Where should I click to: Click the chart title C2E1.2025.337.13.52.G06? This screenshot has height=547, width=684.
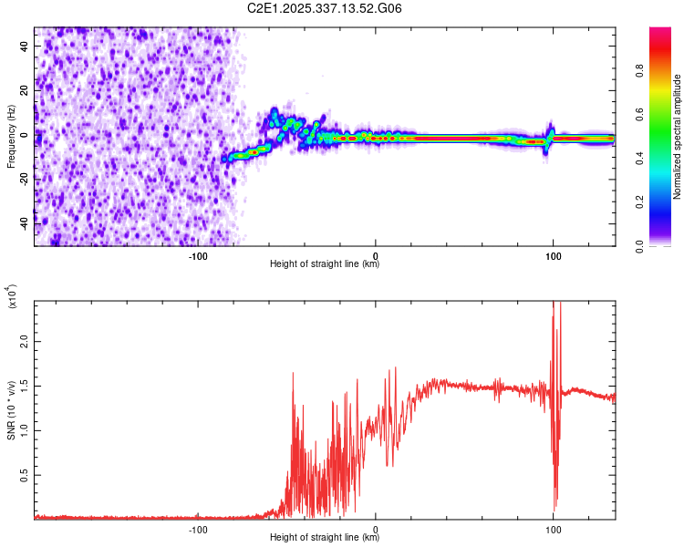click(x=325, y=8)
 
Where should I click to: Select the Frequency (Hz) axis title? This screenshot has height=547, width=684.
click(x=11, y=137)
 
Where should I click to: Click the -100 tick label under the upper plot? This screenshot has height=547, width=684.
click(x=199, y=256)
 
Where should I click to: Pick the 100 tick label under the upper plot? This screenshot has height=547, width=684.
click(x=553, y=256)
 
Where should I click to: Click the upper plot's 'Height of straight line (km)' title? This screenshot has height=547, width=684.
click(x=325, y=264)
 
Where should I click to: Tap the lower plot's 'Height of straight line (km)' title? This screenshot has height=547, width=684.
click(x=325, y=538)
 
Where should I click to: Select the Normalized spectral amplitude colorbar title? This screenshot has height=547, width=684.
click(x=678, y=137)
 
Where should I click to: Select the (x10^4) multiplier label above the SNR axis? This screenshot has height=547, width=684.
click(x=13, y=296)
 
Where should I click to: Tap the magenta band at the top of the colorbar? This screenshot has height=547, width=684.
click(x=659, y=33)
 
